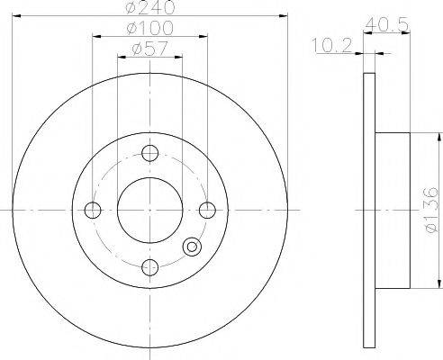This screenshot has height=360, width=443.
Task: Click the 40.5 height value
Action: point(384,23)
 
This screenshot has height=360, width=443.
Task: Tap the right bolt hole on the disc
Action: point(208,211)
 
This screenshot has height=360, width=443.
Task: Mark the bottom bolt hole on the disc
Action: point(150,266)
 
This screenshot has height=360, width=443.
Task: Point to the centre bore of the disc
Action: point(150,210)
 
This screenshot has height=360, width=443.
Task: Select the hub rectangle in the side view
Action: point(393,210)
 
